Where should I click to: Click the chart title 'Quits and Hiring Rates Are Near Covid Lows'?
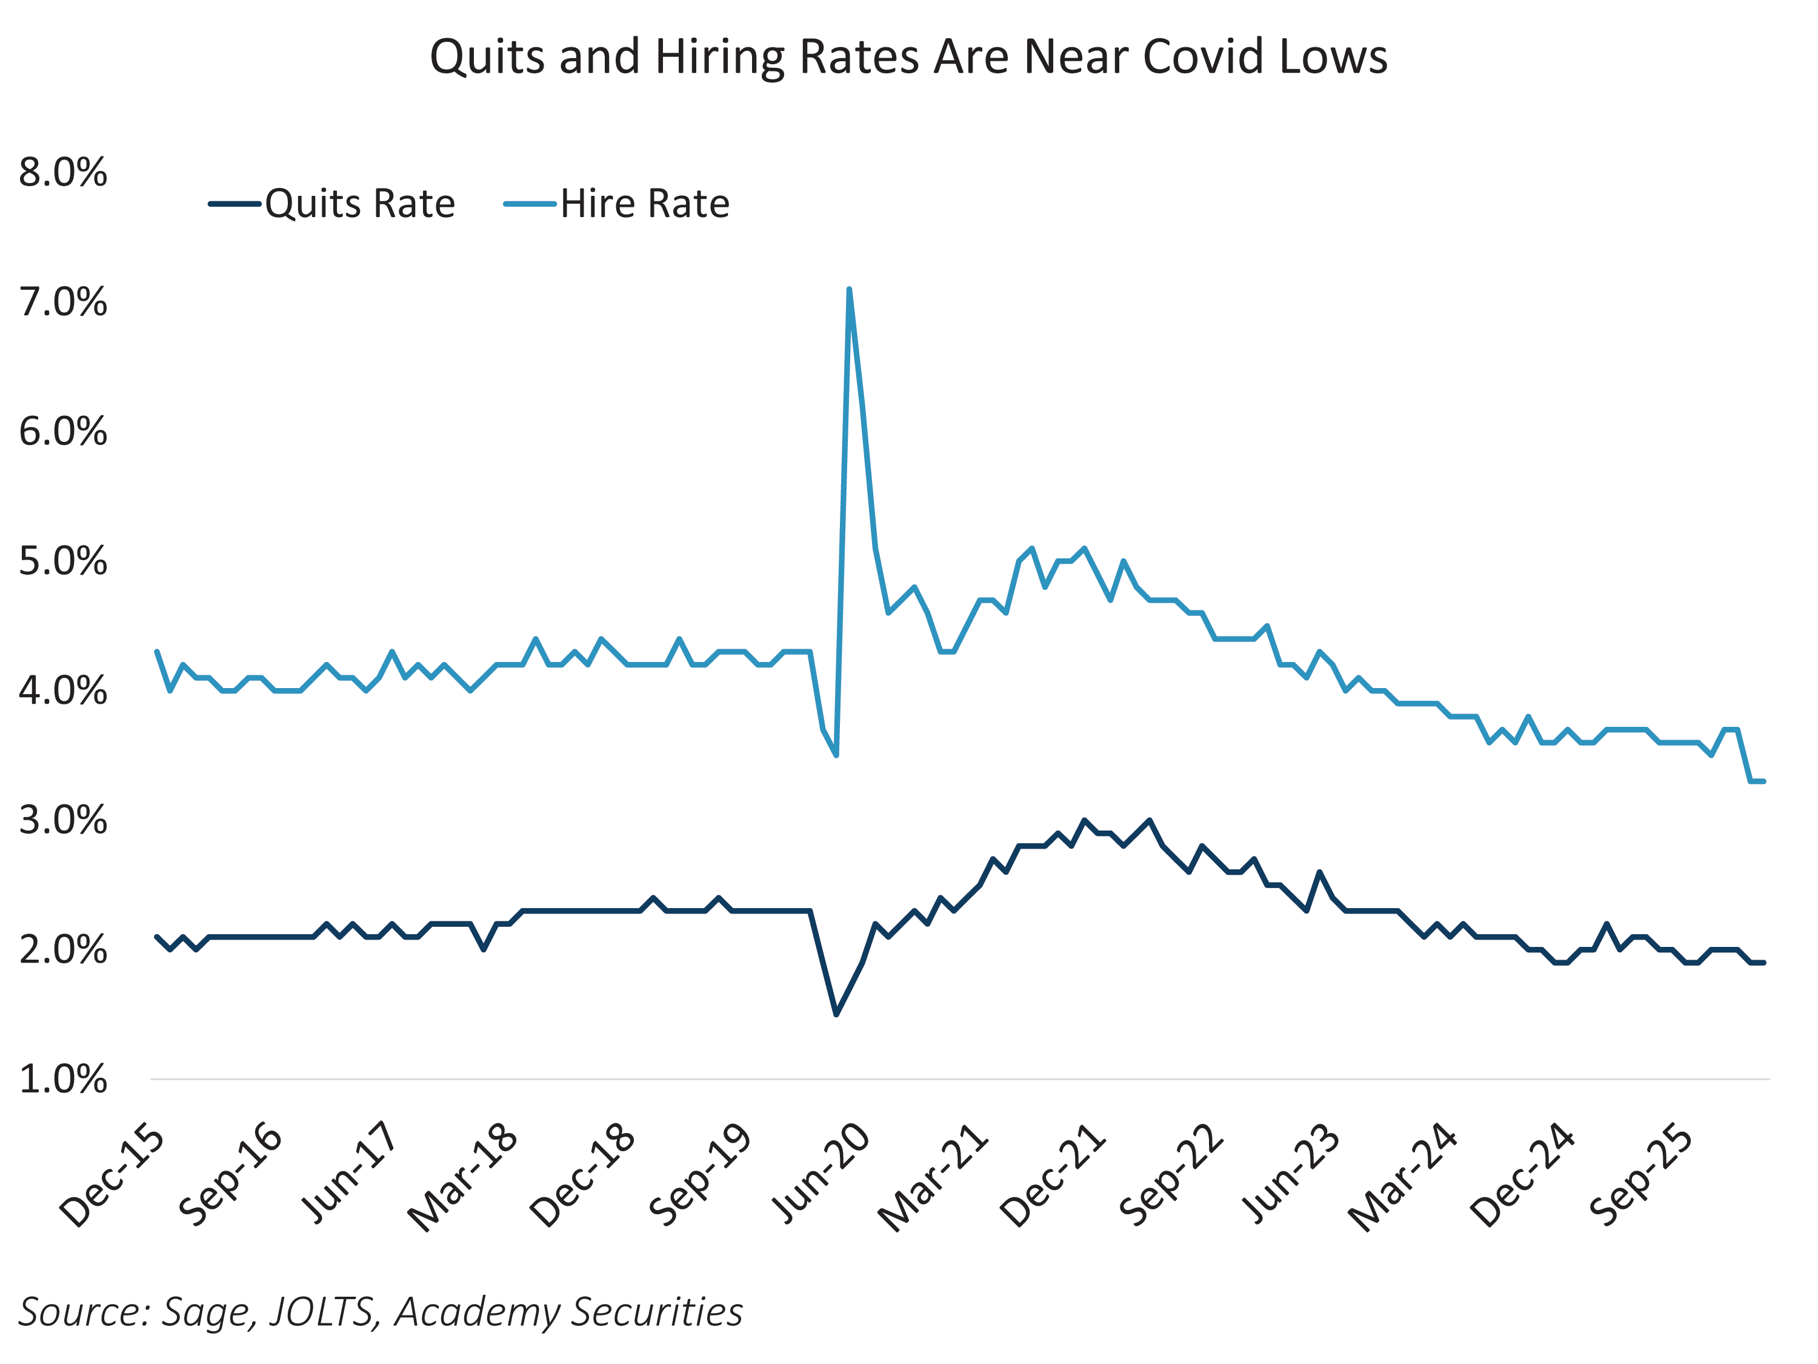click(908, 58)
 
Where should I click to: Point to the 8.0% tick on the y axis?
click(63, 173)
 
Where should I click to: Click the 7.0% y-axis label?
click(63, 303)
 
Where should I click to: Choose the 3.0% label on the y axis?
click(63, 821)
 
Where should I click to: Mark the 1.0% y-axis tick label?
click(63, 1080)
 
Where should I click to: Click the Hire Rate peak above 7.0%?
click(849, 289)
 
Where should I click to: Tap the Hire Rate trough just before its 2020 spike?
click(837, 755)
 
